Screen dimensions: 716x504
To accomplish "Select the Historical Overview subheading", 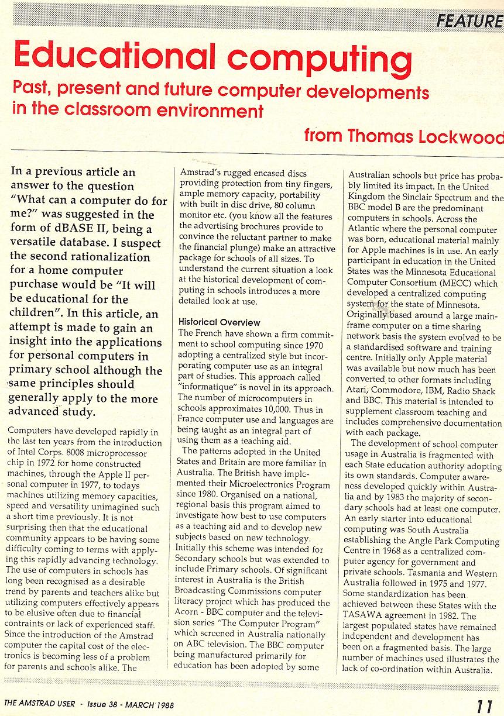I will click(x=220, y=322).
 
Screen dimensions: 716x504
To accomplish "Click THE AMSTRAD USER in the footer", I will click(x=39, y=704).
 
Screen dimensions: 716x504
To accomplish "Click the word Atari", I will click(x=358, y=390).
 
